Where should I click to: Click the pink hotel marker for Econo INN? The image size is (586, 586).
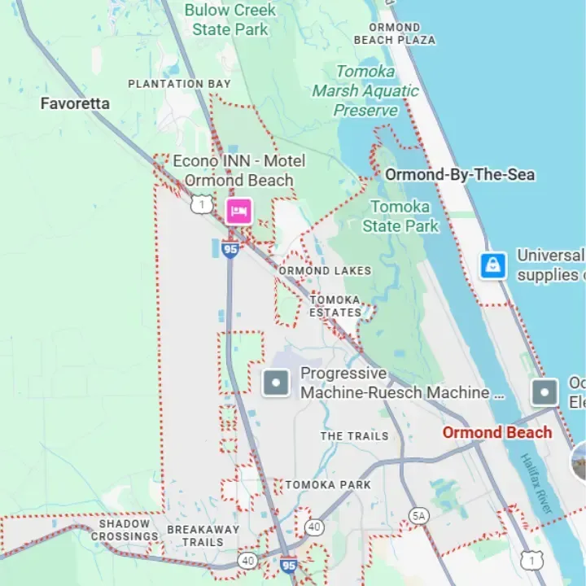[239, 210]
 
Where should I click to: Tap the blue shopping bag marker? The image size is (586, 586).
[493, 265]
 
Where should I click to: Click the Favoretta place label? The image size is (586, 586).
[75, 103]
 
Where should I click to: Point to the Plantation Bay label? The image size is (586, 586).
[179, 83]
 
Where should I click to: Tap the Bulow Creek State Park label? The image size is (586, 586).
[230, 20]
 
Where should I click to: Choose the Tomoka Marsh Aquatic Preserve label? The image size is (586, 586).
[366, 90]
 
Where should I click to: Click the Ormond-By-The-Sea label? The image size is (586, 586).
[460, 174]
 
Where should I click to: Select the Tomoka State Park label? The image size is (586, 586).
[400, 216]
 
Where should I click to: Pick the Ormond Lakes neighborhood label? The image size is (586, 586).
[325, 270]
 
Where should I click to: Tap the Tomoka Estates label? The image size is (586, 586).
[335, 306]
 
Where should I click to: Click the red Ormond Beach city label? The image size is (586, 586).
[496, 432]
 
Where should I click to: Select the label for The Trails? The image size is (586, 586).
[354, 436]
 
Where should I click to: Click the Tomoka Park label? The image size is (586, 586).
[328, 484]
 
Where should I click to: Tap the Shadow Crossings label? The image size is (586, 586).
[125, 530]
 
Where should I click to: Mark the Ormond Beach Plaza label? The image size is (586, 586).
[395, 33]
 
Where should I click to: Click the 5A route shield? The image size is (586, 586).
[419, 515]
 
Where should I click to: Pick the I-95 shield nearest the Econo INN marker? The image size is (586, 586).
[231, 249]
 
